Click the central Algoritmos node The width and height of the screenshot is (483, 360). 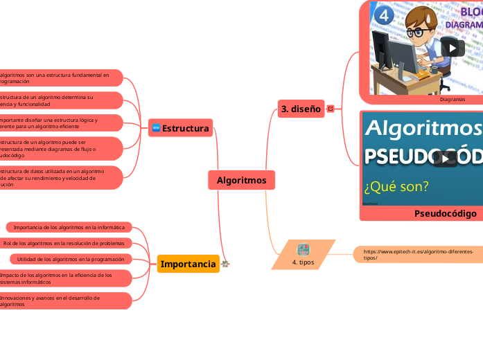[241, 180]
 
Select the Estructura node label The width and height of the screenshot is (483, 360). [185, 128]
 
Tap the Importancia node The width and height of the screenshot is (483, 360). [188, 264]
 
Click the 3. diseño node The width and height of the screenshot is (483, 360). [301, 109]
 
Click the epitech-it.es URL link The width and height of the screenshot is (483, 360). [419, 255]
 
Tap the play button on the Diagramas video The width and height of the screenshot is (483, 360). [452, 48]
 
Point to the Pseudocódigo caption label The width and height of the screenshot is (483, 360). [445, 213]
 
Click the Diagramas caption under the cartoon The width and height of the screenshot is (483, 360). [452, 99]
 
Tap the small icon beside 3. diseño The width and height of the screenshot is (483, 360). [330, 109]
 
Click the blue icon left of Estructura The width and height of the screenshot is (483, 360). [155, 128]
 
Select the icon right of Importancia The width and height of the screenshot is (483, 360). [225, 264]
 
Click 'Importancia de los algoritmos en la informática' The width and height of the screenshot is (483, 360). [69, 227]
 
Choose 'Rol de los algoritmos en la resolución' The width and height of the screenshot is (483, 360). [64, 243]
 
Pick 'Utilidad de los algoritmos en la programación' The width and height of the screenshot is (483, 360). [70, 259]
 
